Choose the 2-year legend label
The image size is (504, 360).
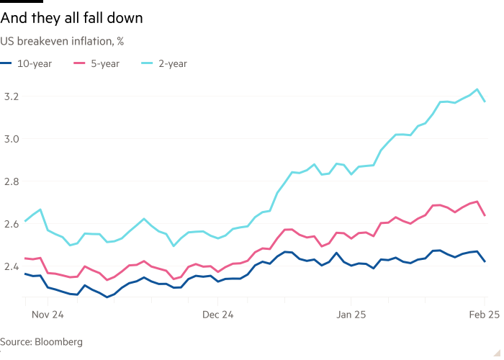(173, 63)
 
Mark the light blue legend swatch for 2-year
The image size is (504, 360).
(147, 63)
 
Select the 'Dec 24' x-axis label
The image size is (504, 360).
(218, 315)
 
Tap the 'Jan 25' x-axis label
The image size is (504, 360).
(351, 315)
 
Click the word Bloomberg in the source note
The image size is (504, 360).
(60, 342)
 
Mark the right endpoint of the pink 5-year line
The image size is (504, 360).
(485, 215)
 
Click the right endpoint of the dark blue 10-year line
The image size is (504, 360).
(485, 261)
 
